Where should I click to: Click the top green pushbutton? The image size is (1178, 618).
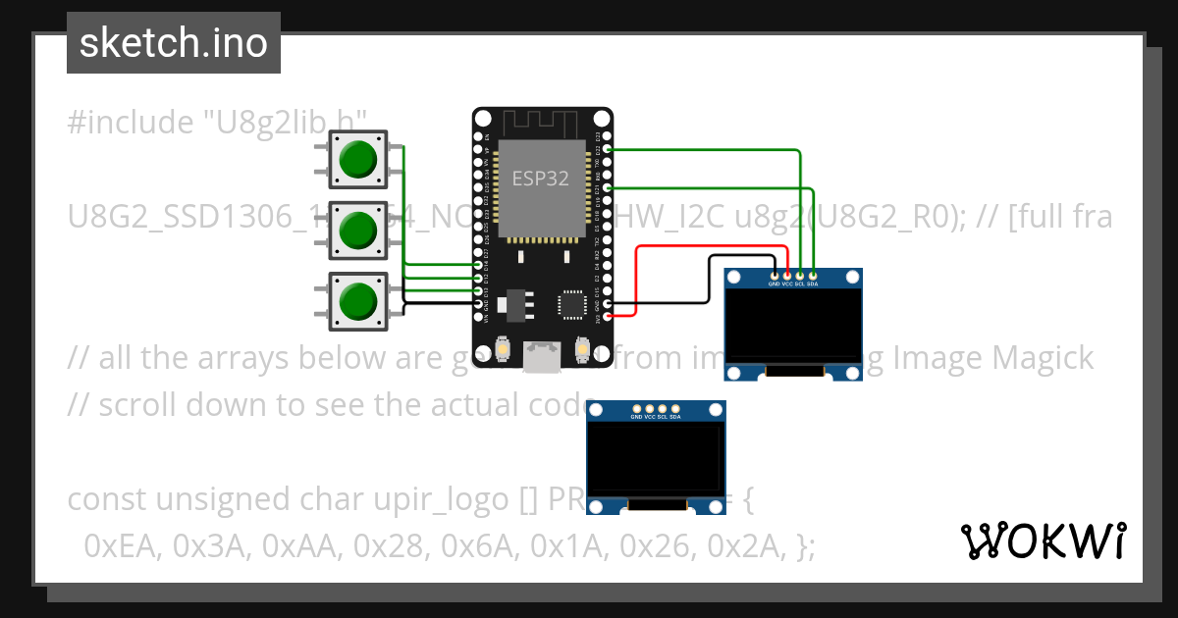[356, 158]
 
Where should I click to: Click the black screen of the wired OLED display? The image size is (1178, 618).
[793, 323]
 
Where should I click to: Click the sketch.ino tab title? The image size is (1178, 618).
[173, 43]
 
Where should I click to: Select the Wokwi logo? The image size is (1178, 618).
[1043, 541]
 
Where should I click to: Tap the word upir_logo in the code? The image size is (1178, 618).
[423, 499]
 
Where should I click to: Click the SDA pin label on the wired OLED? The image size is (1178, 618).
[813, 284]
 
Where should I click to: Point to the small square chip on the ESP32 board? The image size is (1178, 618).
[572, 303]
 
